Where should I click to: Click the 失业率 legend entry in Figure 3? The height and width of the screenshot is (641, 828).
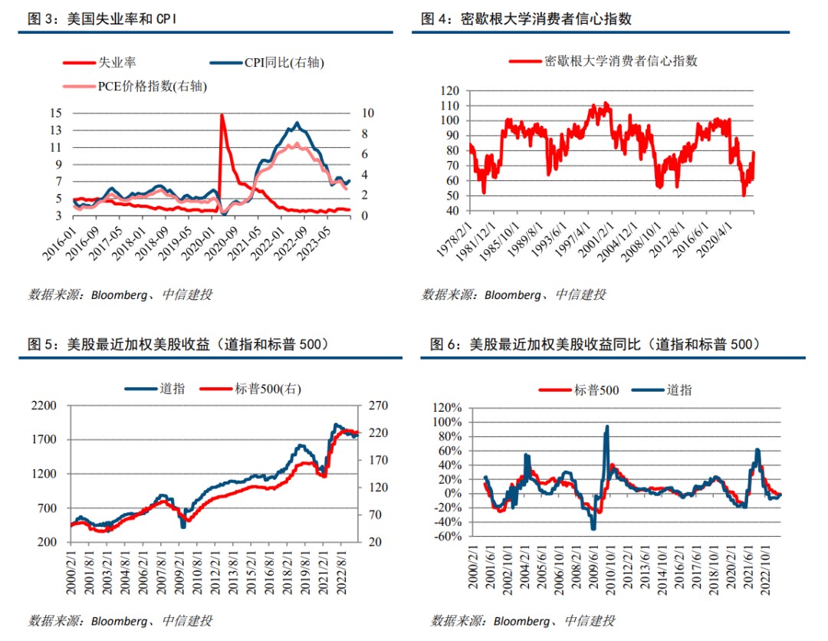[x=116, y=63]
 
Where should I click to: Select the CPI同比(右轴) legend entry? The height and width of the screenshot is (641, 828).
[x=284, y=63]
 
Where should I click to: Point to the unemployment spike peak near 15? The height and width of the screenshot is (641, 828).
[x=222, y=115]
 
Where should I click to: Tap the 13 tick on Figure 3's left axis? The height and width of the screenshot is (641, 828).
[x=55, y=130]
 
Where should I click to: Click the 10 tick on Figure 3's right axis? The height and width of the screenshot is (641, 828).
[x=367, y=113]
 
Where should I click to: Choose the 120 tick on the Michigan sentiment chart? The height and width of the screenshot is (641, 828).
[x=449, y=90]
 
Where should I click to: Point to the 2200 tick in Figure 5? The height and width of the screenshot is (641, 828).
[x=48, y=406]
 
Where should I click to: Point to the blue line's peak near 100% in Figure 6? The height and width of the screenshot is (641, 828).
[x=607, y=427]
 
